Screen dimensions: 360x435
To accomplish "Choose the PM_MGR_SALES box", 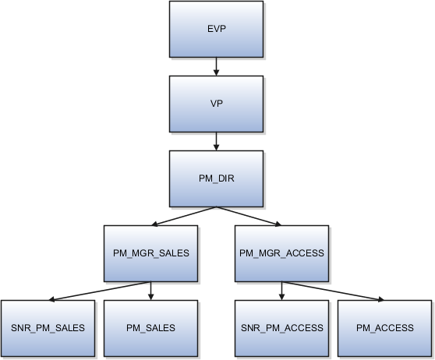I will coord(150,254).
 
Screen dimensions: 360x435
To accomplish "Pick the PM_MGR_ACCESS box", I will coord(281,254).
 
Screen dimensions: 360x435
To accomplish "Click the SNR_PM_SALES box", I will coord(48,328).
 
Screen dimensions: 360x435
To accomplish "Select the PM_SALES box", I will coord(150,328).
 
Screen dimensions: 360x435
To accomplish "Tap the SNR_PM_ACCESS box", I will coord(281,328).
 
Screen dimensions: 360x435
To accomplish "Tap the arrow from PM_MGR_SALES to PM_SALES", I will coord(150,291).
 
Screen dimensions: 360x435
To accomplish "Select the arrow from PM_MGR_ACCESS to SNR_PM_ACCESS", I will coord(281,291).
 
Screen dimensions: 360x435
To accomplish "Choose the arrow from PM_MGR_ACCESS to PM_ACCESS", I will coord(331,291).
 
